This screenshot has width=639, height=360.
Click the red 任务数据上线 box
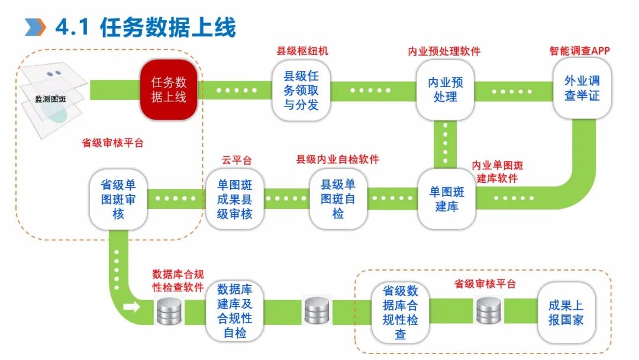[168, 89]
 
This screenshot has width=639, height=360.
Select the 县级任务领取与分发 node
[301, 91]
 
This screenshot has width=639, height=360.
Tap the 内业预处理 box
[445, 89]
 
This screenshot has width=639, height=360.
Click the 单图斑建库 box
[447, 200]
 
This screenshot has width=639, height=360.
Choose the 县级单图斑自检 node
[338, 200]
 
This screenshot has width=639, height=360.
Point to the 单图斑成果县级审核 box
[234, 200]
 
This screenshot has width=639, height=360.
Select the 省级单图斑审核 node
[118, 200]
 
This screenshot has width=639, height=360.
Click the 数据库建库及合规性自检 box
[234, 311]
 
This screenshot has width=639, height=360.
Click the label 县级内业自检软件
[337, 159]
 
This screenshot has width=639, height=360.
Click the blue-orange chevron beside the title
[35, 27]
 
